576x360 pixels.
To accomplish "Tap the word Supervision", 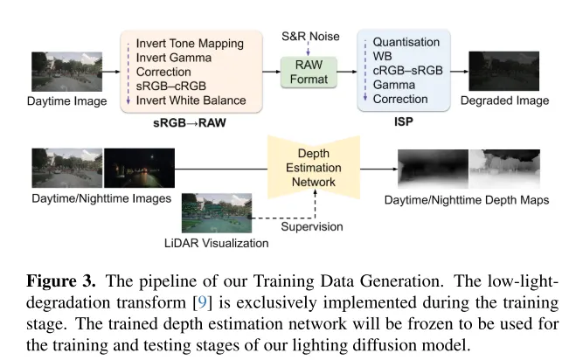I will click(x=311, y=227).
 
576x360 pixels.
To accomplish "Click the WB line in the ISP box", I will click(x=382, y=57).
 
